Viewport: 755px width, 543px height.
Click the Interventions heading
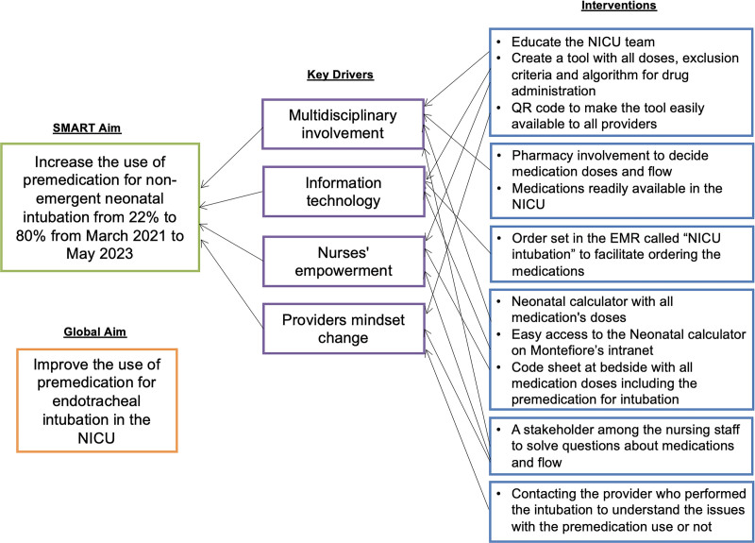click(x=620, y=7)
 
